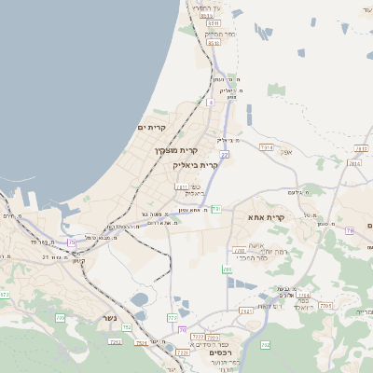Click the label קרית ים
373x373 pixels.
coord(152,127)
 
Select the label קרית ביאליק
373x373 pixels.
coord(195,164)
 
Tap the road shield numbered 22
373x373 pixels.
coord(225,155)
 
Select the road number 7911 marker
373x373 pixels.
coord(182,186)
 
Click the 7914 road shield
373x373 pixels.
coord(267,147)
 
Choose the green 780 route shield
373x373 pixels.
coord(227,269)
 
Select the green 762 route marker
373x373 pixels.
coord(265,345)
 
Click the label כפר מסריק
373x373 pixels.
coord(215,34)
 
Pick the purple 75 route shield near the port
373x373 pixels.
coord(72,242)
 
